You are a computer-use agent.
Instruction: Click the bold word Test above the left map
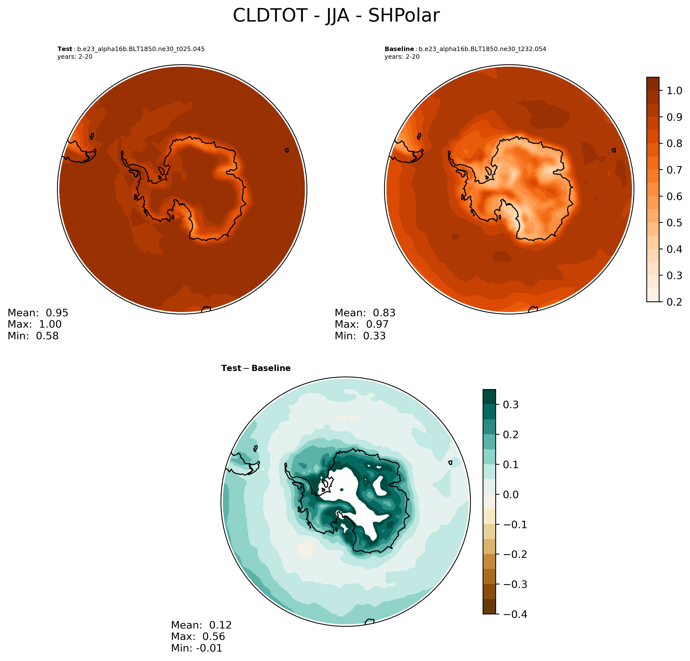pyautogui.click(x=65, y=49)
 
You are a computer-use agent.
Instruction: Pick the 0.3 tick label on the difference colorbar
pyautogui.click(x=510, y=405)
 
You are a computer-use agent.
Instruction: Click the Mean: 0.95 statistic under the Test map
pyautogui.click(x=38, y=313)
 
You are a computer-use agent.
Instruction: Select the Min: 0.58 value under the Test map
pyautogui.click(x=33, y=336)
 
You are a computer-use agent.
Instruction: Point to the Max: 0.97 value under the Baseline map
pyautogui.click(x=362, y=324)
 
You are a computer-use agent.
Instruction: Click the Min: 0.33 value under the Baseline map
pyautogui.click(x=360, y=336)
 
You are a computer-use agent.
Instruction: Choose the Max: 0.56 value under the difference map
pyautogui.click(x=198, y=637)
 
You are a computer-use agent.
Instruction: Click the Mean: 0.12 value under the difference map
pyautogui.click(x=201, y=625)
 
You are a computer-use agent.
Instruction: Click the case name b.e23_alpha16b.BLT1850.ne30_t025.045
pyautogui.click(x=141, y=49)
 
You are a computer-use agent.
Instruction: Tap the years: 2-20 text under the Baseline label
pyautogui.click(x=402, y=57)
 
